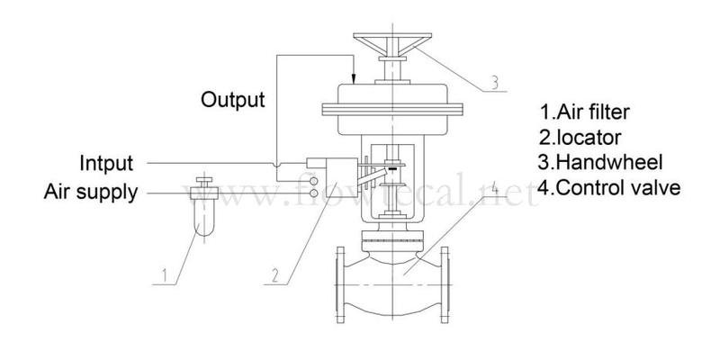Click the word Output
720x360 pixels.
pos(233,100)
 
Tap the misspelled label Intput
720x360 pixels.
pos(106,164)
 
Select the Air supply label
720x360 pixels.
pos(91,193)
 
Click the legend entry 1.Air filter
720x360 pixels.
pos(584,112)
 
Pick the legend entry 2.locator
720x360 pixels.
pos(580,137)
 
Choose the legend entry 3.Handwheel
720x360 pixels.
pos(600,162)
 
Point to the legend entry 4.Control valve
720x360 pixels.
pos(609,188)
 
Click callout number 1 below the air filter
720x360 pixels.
pos(165,275)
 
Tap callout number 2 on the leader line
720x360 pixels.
pos(275,275)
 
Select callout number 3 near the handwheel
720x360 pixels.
pos(493,83)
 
